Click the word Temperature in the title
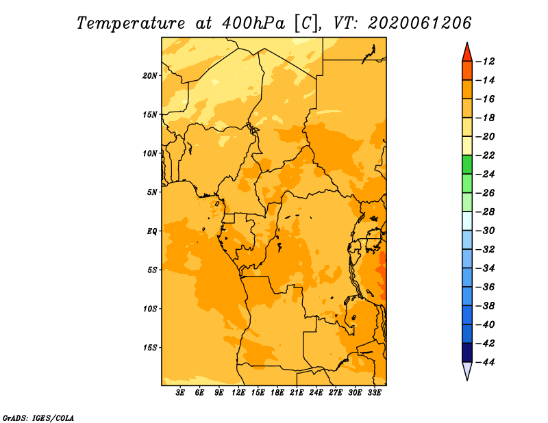pyautogui.click(x=131, y=23)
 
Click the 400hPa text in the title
pyautogui.click(x=253, y=23)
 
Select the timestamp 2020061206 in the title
pyautogui.click(x=420, y=23)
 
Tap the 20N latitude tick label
pyautogui.click(x=150, y=76)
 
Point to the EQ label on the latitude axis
pyautogui.click(x=151, y=231)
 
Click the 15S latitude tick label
pyautogui.click(x=150, y=348)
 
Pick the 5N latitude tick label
pyautogui.click(x=152, y=192)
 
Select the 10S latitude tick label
pyautogui.click(x=150, y=309)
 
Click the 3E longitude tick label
pyautogui.click(x=180, y=393)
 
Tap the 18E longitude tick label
pyautogui.click(x=277, y=393)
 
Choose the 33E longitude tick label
pyautogui.click(x=374, y=393)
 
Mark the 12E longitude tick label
pyautogui.click(x=238, y=393)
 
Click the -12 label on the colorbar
pyautogui.click(x=486, y=62)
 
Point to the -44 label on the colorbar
pyautogui.click(x=486, y=362)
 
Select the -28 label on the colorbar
pyautogui.click(x=486, y=212)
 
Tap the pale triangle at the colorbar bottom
pyautogui.click(x=467, y=370)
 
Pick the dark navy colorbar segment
pyautogui.click(x=467, y=352)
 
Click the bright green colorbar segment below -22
pyautogui.click(x=467, y=165)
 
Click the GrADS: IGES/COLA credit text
pyautogui.click(x=38, y=418)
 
